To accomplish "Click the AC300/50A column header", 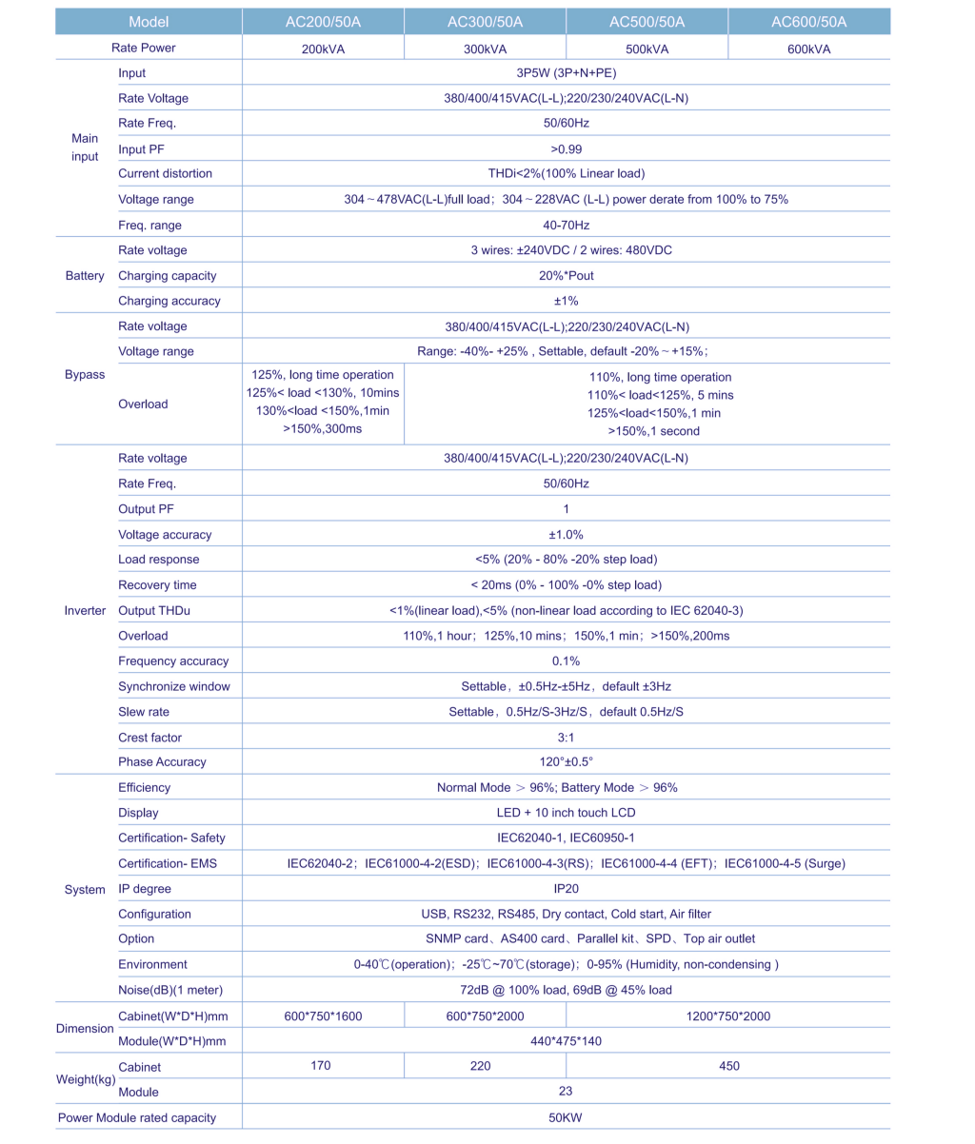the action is [485, 22].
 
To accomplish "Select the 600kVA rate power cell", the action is [809, 49].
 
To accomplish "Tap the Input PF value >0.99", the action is [566, 148].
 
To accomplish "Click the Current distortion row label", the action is [165, 173].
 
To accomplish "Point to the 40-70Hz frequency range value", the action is [566, 226].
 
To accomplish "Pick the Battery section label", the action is [85, 276].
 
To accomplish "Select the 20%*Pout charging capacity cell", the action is [566, 276].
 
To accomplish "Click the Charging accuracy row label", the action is [169, 301].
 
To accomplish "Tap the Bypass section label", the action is [85, 375].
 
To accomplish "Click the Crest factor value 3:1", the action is [566, 737].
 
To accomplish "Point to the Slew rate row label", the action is [144, 712].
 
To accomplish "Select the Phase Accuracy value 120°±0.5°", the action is [566, 761].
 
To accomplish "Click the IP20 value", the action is [566, 889].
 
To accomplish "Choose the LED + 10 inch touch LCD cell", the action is [566, 813].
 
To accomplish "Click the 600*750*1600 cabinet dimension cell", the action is [323, 1016].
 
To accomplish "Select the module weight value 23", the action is [566, 1092].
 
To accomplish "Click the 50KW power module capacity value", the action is [566, 1117].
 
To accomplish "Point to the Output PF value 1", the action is [566, 509].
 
